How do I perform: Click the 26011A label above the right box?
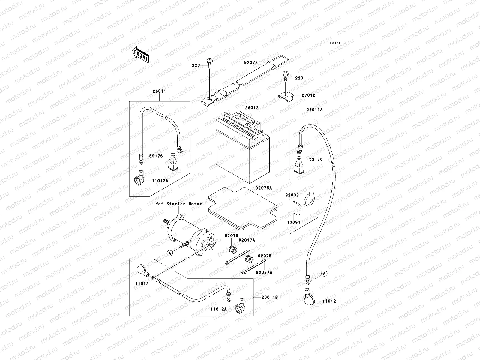314,110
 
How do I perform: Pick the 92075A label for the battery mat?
264,188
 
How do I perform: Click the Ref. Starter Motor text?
178,204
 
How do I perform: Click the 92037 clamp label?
292,195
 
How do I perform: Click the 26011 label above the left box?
159,91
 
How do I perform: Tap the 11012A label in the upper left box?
160,181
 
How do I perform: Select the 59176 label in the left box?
156,156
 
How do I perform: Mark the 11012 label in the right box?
330,301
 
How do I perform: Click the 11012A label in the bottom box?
218,309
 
